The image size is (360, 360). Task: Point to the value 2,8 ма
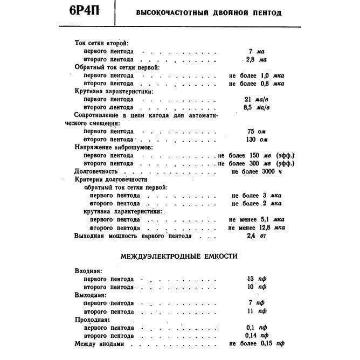(256, 59)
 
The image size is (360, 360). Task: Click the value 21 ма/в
(257, 99)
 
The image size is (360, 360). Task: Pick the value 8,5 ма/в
(257, 107)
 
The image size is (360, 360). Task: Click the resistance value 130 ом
(257, 139)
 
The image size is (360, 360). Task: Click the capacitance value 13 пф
(256, 279)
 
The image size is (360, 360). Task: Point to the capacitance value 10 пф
(256, 287)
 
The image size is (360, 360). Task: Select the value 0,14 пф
(256, 335)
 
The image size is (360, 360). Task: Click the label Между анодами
(99, 343)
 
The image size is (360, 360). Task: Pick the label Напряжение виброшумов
(113, 147)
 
